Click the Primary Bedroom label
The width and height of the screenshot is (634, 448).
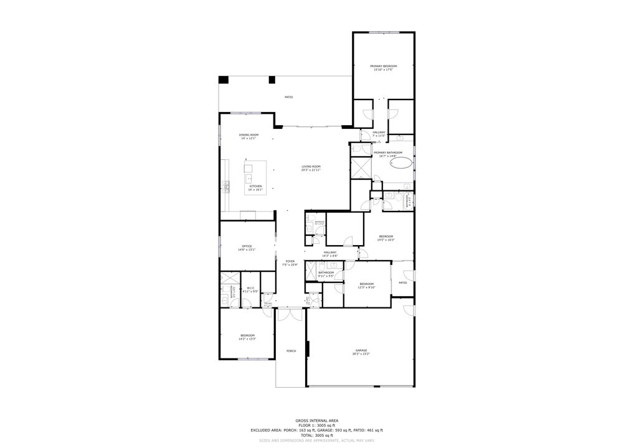click(x=383, y=66)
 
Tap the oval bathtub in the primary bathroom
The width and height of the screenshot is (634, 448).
click(x=401, y=164)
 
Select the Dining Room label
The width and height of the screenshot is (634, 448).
click(x=248, y=135)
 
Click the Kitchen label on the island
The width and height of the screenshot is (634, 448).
click(x=255, y=186)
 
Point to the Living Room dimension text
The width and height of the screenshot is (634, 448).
click(x=311, y=170)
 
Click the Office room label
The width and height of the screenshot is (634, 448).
click(x=247, y=246)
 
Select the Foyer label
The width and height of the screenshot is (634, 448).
click(x=290, y=261)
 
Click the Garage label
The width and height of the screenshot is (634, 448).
click(x=361, y=351)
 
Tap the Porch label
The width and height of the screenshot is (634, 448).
click(x=291, y=351)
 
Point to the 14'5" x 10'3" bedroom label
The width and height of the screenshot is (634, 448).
click(x=386, y=236)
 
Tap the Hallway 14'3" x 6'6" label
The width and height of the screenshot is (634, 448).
click(x=329, y=253)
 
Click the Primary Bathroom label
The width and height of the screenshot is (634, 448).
click(x=387, y=152)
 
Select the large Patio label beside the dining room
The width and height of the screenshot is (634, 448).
click(x=289, y=97)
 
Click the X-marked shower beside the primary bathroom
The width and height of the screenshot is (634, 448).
click(x=361, y=168)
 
